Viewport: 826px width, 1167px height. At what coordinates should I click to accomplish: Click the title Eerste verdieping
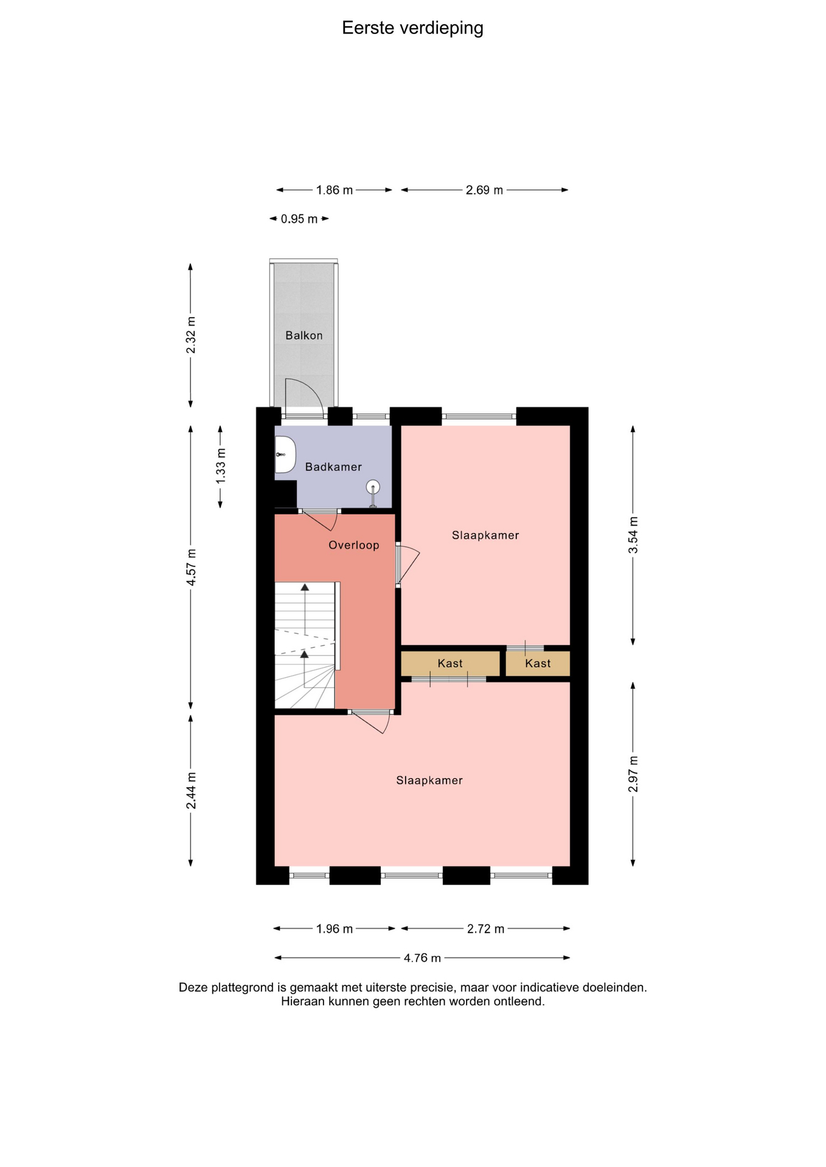pyautogui.click(x=412, y=29)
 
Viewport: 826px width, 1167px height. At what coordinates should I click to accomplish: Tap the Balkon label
pyautogui.click(x=304, y=336)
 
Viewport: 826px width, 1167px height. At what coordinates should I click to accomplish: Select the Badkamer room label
pyautogui.click(x=333, y=467)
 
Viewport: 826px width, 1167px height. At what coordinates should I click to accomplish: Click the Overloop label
pyautogui.click(x=354, y=545)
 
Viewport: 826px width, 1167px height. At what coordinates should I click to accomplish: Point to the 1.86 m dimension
pyautogui.click(x=335, y=190)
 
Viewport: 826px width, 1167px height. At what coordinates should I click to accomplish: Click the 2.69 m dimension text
pyautogui.click(x=485, y=190)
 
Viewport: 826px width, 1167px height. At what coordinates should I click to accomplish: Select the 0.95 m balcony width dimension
pyautogui.click(x=299, y=219)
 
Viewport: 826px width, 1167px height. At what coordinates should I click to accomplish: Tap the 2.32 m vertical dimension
pyautogui.click(x=191, y=335)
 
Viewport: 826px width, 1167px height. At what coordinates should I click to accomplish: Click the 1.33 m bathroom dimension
pyautogui.click(x=220, y=466)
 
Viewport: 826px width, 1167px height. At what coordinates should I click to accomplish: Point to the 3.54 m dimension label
pyautogui.click(x=633, y=535)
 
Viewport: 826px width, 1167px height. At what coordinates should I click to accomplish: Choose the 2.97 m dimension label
pyautogui.click(x=633, y=774)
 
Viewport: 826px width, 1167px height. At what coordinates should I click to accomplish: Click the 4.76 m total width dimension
pyautogui.click(x=422, y=958)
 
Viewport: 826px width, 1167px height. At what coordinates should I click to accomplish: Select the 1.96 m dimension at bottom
pyautogui.click(x=335, y=929)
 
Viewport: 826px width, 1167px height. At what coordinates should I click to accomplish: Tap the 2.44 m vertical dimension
pyautogui.click(x=191, y=791)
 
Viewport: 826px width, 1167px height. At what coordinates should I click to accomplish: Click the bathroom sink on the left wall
pyautogui.click(x=285, y=455)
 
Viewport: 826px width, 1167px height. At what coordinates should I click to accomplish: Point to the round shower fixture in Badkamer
pyautogui.click(x=373, y=487)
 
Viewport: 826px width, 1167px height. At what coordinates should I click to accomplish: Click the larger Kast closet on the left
pyautogui.click(x=450, y=664)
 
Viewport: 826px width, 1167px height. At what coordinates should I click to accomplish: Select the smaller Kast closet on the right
pyautogui.click(x=538, y=664)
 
